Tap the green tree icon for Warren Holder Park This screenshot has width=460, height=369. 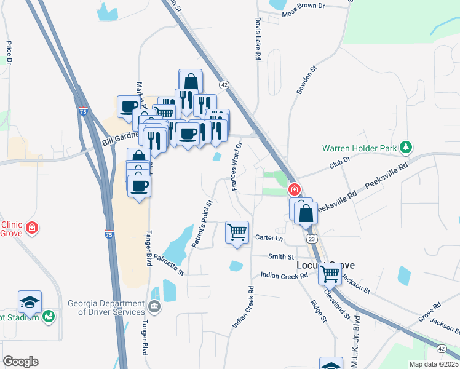pos(405,147)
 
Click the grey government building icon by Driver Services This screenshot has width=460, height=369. pos(154,306)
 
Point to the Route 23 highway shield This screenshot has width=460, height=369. pos(312,238)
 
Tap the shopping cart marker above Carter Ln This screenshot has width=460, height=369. pos(237,232)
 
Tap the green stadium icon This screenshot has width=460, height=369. pos(49,317)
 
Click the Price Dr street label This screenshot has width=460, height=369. pos(9,53)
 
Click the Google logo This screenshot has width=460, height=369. pos(21,361)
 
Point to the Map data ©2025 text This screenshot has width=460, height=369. pos(434,364)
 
